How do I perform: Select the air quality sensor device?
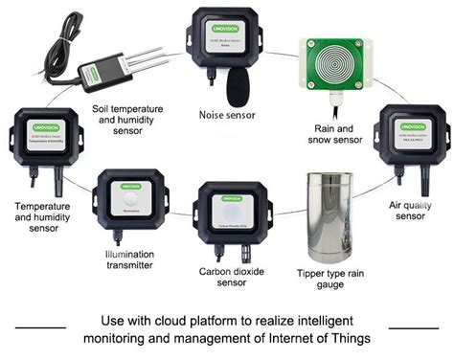point(407,139)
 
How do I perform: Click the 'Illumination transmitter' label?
point(128,260)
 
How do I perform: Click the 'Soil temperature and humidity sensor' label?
point(133,121)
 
